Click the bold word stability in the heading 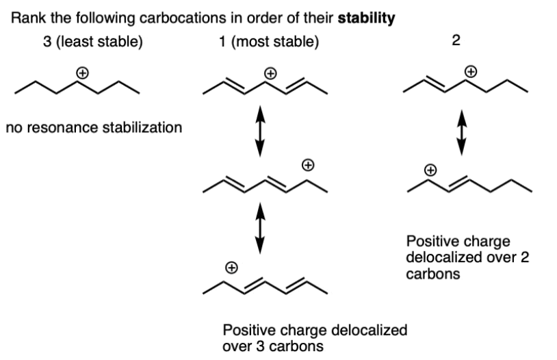tap(370, 19)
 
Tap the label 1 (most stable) tap(265, 43)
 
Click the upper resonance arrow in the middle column tap(261, 136)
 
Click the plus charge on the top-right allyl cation tap(470, 70)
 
